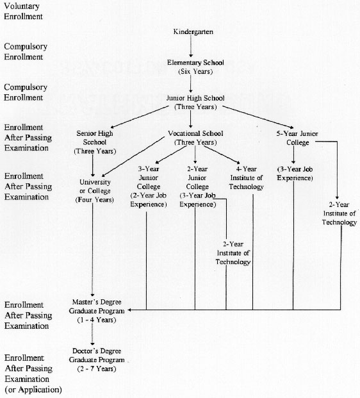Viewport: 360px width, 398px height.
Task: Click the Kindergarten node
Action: (x=193, y=32)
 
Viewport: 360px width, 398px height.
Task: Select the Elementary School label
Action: (x=195, y=62)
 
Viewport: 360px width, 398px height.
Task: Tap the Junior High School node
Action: (x=195, y=102)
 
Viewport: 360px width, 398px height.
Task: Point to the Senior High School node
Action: (x=95, y=142)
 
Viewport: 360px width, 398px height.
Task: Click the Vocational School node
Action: (x=195, y=138)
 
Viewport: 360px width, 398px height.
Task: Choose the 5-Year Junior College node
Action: (x=297, y=138)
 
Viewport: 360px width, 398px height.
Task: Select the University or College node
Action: (x=95, y=191)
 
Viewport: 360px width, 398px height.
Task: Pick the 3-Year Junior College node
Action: (x=149, y=187)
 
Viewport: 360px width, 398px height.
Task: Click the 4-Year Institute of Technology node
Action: (x=246, y=178)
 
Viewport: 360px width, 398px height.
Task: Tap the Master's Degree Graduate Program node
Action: (x=97, y=311)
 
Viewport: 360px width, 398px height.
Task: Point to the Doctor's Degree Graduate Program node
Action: (x=97, y=360)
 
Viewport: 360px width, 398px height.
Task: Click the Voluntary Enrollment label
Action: (x=23, y=12)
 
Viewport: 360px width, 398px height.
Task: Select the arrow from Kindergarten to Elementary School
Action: (x=191, y=46)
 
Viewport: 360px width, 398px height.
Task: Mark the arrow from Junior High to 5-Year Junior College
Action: (x=258, y=117)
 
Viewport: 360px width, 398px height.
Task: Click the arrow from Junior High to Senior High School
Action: (x=140, y=117)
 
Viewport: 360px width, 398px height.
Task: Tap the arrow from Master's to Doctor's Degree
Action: (x=92, y=335)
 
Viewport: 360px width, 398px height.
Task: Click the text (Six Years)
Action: (x=195, y=72)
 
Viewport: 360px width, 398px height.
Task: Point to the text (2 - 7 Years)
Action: (x=97, y=369)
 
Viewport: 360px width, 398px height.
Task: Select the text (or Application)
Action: (x=33, y=390)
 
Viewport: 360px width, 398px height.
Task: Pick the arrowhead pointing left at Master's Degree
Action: (x=129, y=310)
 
